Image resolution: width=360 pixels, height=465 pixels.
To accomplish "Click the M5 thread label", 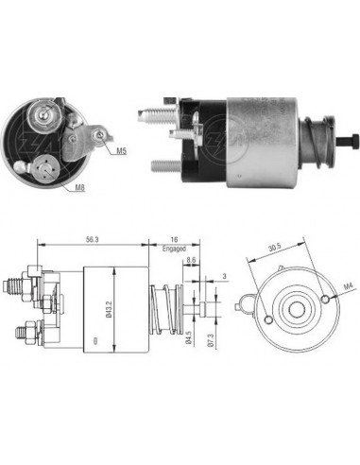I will pos(123,150).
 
